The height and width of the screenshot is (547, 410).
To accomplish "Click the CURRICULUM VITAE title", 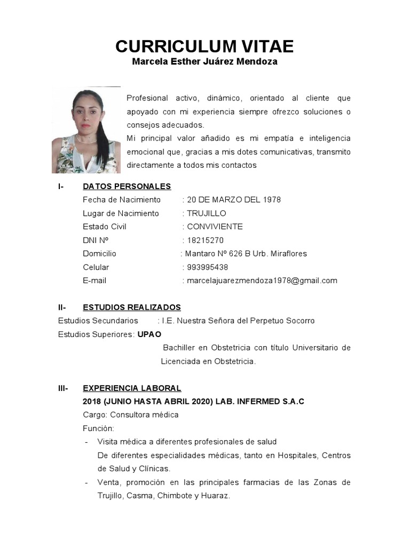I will (x=204, y=46).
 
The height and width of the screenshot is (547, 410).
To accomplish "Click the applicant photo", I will (x=86, y=130).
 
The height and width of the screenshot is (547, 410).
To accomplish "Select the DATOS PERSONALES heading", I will (x=127, y=186).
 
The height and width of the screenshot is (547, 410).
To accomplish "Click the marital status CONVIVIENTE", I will (x=215, y=226).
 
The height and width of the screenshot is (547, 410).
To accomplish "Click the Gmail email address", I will (x=262, y=280).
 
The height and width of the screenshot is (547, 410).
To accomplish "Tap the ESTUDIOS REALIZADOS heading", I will (x=132, y=307).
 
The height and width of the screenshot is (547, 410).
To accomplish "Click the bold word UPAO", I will (x=149, y=334).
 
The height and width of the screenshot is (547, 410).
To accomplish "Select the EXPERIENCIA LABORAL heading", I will (x=132, y=388).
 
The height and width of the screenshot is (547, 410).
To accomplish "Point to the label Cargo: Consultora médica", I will (x=131, y=415).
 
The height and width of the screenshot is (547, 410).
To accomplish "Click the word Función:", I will (x=98, y=428).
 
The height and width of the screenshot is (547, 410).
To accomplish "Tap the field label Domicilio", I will (x=99, y=254).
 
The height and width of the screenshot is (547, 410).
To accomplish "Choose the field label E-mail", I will (x=94, y=280).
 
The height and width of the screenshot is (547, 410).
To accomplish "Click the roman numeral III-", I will (x=63, y=388).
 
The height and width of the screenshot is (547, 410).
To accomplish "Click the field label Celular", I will (x=96, y=267).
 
